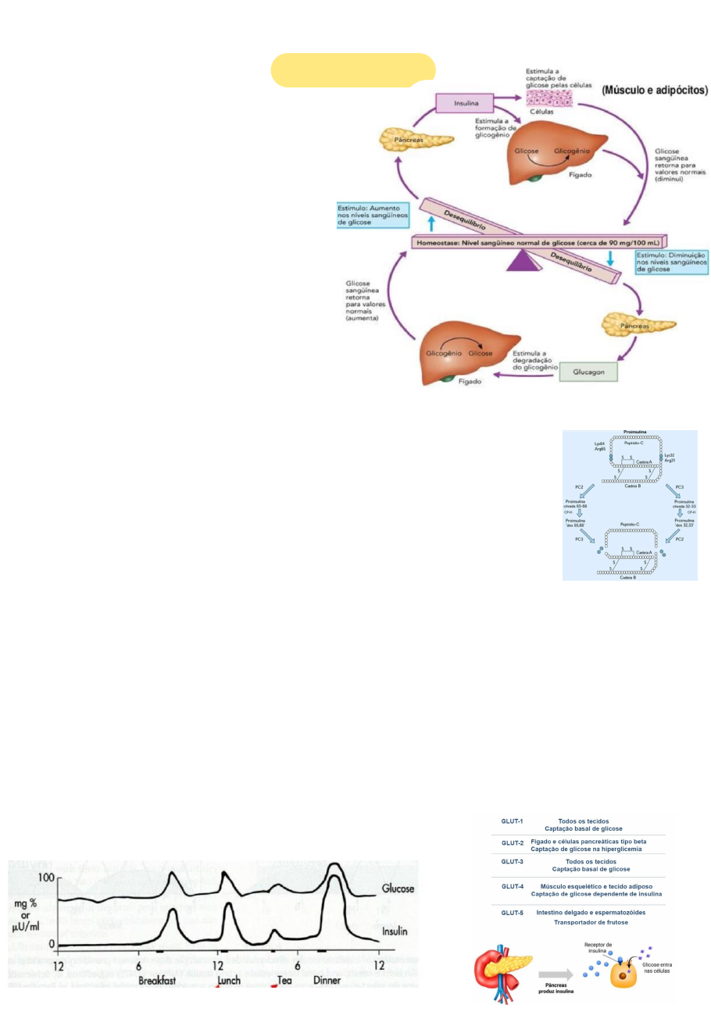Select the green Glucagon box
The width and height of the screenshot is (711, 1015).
588,373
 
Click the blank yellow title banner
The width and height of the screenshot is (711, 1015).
352,69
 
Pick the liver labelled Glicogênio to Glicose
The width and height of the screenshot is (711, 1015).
457,352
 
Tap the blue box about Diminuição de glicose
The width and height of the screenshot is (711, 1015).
670,262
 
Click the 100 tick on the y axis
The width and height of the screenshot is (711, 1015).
46,877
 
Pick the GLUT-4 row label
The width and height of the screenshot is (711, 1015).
512,888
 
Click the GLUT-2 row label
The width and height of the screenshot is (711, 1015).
512,843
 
